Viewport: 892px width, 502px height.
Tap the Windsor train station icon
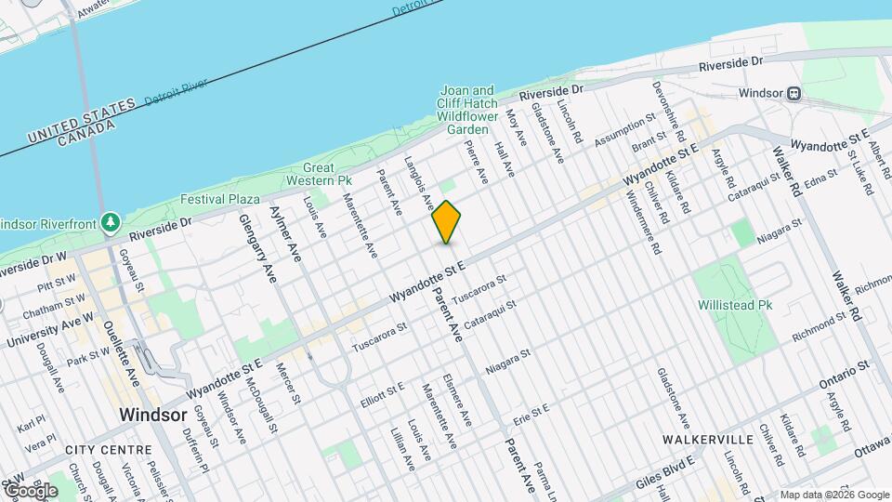(x=794, y=93)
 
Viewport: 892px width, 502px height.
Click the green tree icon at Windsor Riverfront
(x=111, y=222)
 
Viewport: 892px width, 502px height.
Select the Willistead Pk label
(x=735, y=304)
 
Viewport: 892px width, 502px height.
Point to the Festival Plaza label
(x=219, y=199)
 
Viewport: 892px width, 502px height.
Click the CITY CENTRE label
(x=109, y=449)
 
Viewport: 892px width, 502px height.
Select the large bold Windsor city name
(x=154, y=415)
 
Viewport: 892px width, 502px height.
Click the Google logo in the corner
(x=31, y=490)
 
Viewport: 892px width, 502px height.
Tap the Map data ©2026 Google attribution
(x=833, y=494)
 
